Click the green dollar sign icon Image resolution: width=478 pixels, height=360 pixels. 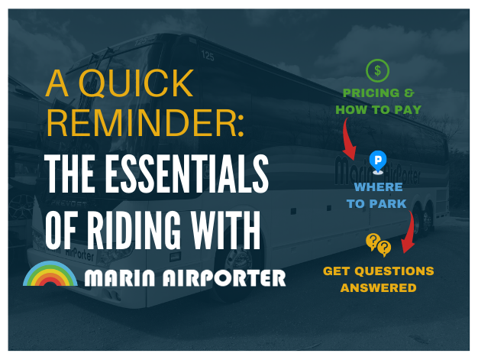click(377, 70)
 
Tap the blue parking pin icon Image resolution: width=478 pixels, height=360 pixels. click(378, 162)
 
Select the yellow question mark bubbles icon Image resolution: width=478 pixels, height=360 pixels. click(378, 245)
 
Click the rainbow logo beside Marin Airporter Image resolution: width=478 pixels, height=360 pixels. click(50, 274)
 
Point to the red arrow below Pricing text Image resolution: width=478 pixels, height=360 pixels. click(349, 139)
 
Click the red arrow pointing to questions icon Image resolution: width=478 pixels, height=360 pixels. click(409, 232)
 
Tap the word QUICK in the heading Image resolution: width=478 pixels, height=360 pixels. click(136, 83)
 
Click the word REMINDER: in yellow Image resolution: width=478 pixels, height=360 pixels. click(145, 122)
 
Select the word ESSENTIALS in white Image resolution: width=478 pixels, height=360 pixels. click(186, 174)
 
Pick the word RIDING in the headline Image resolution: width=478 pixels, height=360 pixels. click(134, 230)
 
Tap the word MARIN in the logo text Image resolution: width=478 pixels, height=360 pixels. click(119, 277)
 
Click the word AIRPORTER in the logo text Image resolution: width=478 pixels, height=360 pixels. click(224, 277)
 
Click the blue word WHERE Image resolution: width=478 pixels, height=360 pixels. click(378, 186)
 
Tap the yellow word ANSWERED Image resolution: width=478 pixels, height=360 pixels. click(378, 287)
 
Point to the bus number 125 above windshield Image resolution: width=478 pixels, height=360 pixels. click(208, 56)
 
